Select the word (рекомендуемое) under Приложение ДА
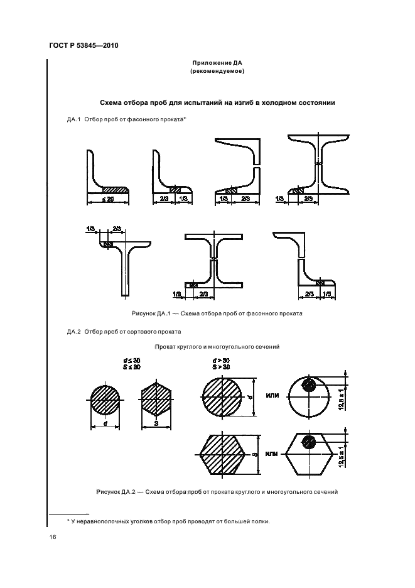(217, 72)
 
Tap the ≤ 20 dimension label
(107, 199)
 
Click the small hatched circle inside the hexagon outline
(308, 441)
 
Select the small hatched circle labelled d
(105, 398)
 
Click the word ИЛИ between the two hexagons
(271, 453)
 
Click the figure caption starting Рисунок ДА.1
(217, 312)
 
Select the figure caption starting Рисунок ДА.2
(217, 492)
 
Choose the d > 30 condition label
(220, 360)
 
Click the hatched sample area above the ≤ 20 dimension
(114, 190)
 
